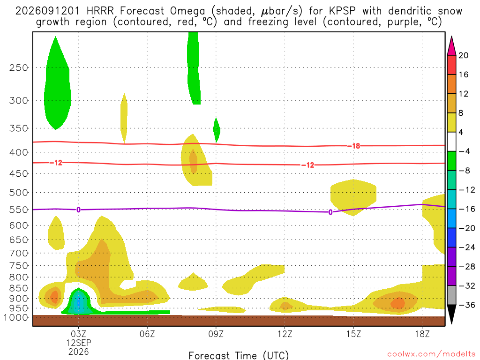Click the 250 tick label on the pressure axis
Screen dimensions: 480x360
pyautogui.click(x=18, y=67)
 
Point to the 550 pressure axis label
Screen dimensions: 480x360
pyautogui.click(x=18, y=210)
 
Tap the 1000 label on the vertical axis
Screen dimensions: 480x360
pyautogui.click(x=16, y=317)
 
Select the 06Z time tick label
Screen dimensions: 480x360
pyautogui.click(x=147, y=334)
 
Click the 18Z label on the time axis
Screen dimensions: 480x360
pyautogui.click(x=422, y=334)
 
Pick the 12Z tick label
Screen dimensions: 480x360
pyautogui.click(x=285, y=334)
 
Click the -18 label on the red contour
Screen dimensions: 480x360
pyautogui.click(x=354, y=146)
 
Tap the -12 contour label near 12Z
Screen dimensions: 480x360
pyautogui.click(x=308, y=165)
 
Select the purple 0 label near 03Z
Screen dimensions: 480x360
pyautogui.click(x=78, y=210)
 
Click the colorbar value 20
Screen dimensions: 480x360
pyautogui.click(x=464, y=55)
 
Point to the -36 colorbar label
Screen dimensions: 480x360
pyautogui.click(x=467, y=305)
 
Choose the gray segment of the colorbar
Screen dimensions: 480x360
pyautogui.click(x=451, y=295)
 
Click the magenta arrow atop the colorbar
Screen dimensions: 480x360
pyautogui.click(x=451, y=45)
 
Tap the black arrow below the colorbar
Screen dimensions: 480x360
pyautogui.click(x=451, y=314)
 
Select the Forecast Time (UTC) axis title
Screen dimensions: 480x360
pyautogui.click(x=239, y=355)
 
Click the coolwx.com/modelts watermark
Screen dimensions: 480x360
pyautogui.click(x=431, y=354)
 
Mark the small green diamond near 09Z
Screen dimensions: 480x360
pyautogui.click(x=217, y=130)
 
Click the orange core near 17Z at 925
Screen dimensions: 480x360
pyautogui.click(x=397, y=303)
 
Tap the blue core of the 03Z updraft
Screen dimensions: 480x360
pyautogui.click(x=79, y=303)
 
